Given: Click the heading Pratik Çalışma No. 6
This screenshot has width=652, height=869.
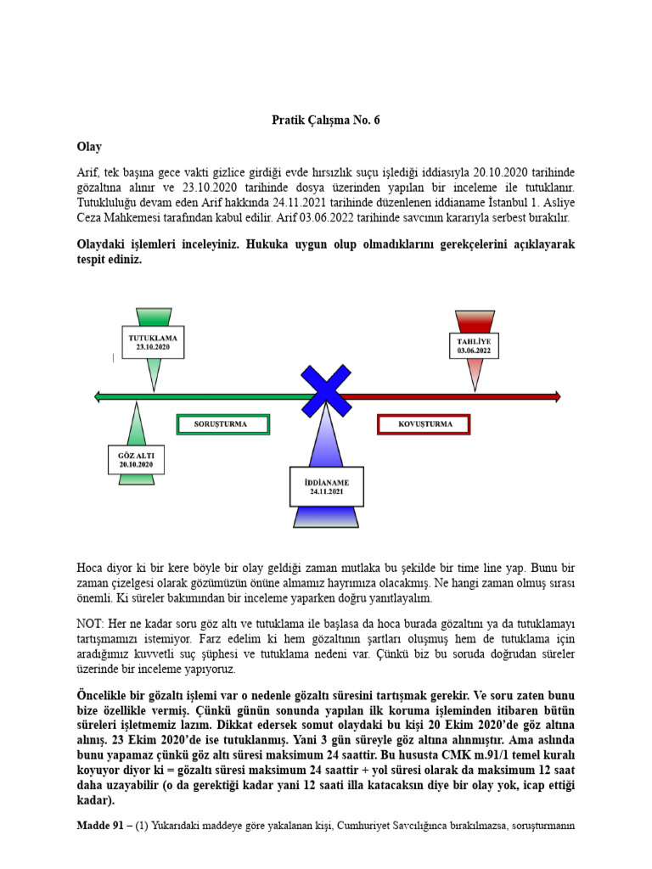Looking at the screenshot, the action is (x=326, y=121).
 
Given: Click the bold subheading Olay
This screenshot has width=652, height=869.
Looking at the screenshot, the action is (x=89, y=147).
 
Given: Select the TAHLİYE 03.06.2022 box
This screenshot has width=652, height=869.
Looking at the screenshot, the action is (x=473, y=345).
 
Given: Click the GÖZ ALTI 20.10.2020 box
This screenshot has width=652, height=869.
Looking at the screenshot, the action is (x=136, y=460).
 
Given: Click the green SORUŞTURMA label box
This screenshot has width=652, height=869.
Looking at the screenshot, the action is (x=222, y=423).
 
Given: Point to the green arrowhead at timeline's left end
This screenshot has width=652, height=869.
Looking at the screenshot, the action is (x=98, y=395).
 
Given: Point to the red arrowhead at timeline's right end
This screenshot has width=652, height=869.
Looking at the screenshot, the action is (x=555, y=395).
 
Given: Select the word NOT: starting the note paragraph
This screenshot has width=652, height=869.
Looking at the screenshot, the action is (x=90, y=624).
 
